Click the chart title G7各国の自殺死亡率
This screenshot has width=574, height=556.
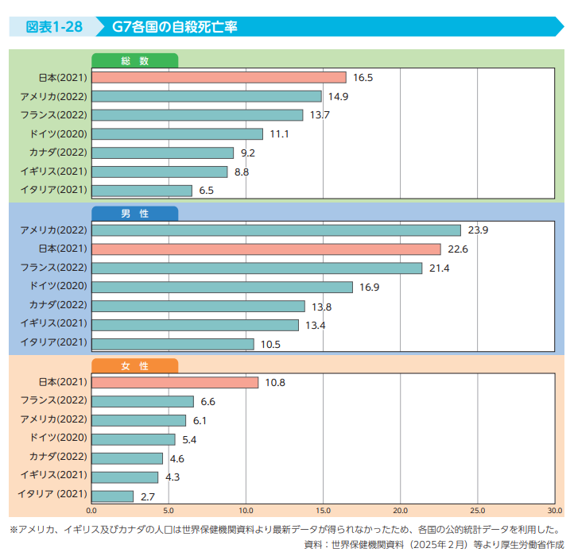pos(175,27)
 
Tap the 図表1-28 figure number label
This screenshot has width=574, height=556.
pos(54,27)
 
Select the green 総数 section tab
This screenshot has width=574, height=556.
pos(134,60)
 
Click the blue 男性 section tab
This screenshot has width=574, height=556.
pos(134,214)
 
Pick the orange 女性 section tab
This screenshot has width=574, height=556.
pos(134,366)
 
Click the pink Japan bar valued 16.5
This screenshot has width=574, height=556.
pos(219,78)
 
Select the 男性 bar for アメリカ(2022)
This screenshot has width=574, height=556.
pos(277,230)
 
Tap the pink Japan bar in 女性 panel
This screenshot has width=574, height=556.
pos(175,383)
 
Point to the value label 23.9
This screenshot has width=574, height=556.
pos(478,230)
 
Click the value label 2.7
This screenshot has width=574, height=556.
pos(148,496)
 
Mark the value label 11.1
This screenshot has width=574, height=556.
pos(279,134)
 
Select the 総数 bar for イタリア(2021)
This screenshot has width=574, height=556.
pos(142,191)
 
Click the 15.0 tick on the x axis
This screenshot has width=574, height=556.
pos(323,511)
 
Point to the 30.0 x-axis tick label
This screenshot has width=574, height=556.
pos(555,511)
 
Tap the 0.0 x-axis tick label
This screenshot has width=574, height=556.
pos(91,511)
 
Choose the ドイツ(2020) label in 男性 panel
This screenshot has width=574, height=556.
pos(59,286)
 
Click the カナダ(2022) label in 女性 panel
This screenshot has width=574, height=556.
pos(58,456)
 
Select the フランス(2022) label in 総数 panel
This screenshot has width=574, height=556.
pos(54,115)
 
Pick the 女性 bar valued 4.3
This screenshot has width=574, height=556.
pos(125,477)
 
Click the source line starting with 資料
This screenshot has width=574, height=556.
pos(434,545)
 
